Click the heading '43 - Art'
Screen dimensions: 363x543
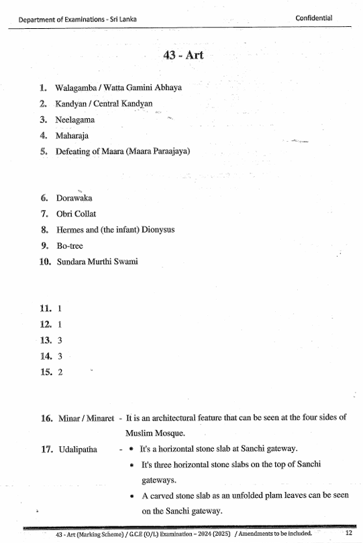coord(183,54)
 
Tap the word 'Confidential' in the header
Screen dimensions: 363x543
coord(314,18)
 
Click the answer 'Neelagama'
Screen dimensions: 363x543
coord(75,120)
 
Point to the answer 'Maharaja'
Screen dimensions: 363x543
coord(72,136)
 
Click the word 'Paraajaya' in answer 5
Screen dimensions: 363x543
coord(170,151)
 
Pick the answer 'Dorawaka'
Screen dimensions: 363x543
coord(74,198)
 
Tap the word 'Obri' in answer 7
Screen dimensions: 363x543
coord(64,214)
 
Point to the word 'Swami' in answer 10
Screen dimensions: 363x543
coord(129,261)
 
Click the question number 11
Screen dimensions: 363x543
coord(46,308)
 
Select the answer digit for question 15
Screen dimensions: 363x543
coord(60,372)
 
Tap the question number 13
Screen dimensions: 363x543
coord(46,340)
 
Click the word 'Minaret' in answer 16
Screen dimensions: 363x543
coord(100,417)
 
